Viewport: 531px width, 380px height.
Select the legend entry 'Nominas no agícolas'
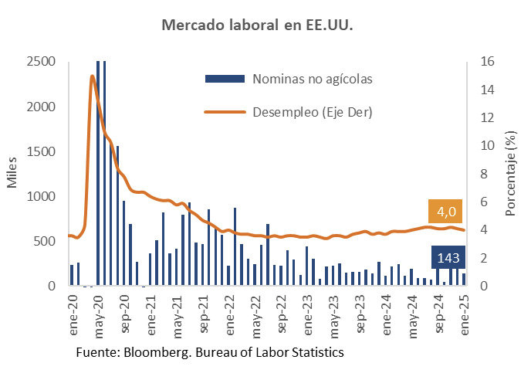313,79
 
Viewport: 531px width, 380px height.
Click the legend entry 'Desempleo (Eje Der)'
313,113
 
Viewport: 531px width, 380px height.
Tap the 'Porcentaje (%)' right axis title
511,174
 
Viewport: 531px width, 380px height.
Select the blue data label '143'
448,258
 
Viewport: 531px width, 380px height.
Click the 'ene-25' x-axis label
465,313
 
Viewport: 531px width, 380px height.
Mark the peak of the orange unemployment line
93,76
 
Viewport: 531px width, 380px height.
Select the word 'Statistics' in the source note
316,353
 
